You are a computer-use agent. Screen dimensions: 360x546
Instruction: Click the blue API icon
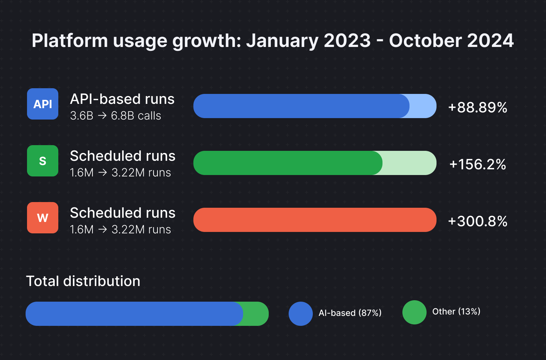click(x=43, y=104)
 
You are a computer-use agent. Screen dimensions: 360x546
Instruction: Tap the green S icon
click(x=43, y=161)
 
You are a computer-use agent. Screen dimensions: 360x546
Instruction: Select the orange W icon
click(x=43, y=218)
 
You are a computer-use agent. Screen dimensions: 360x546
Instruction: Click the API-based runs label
click(x=122, y=99)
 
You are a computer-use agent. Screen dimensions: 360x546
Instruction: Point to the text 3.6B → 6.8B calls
click(x=116, y=116)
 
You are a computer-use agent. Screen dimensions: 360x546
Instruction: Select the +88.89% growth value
click(x=477, y=107)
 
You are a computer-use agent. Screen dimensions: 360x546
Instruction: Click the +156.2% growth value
click(x=477, y=164)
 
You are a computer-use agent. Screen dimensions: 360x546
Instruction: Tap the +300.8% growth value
click(x=477, y=221)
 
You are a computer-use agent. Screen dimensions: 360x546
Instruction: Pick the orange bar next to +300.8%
click(x=315, y=220)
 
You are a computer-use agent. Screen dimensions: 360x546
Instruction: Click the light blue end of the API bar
click(x=423, y=106)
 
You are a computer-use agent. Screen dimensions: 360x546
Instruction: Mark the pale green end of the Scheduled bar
click(x=409, y=163)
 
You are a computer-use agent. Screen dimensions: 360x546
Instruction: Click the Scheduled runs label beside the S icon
click(x=123, y=156)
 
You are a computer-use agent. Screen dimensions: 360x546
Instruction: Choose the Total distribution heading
click(x=83, y=281)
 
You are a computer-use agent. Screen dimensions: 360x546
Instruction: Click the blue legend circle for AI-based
click(x=301, y=314)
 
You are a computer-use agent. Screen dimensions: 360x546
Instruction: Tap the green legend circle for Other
click(x=414, y=312)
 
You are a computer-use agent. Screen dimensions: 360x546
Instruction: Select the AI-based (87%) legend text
click(x=350, y=313)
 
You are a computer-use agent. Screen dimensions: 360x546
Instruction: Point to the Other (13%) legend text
click(x=456, y=312)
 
